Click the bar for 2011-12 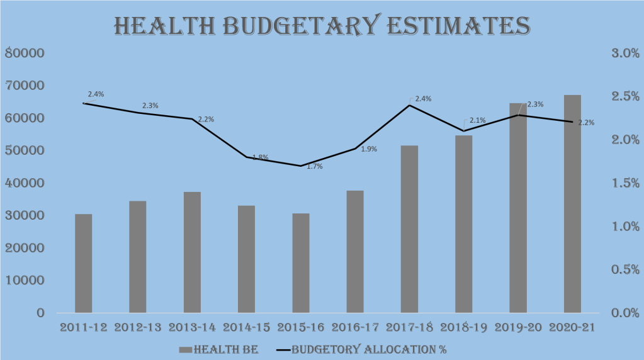83,263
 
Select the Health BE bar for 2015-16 301,263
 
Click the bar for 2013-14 192,252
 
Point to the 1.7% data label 315,166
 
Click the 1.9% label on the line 369,149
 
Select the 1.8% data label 261,157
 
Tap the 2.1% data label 477,120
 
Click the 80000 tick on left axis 24,53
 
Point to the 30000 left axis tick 24,215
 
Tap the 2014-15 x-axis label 247,327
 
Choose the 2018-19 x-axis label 464,327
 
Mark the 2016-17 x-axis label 356,327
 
